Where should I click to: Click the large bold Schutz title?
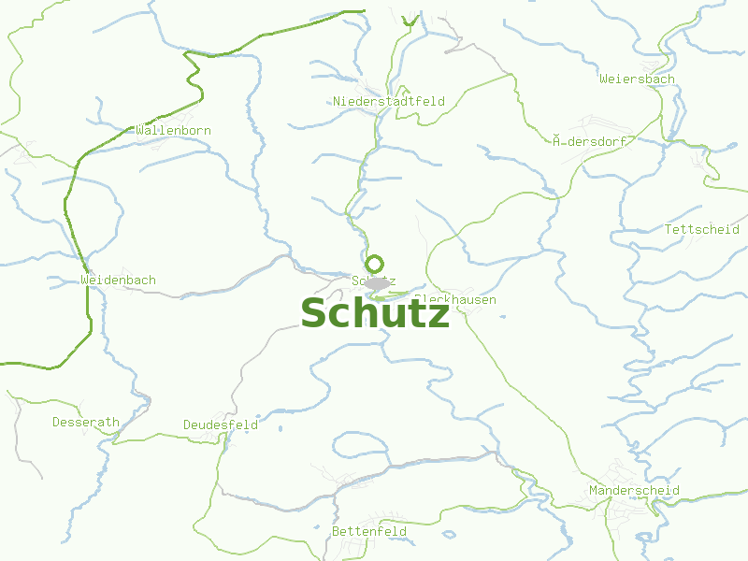(x=375, y=314)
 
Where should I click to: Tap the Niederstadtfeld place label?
(x=389, y=101)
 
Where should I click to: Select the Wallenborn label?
(x=173, y=131)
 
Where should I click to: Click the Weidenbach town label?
(x=119, y=280)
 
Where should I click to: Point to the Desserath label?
(x=86, y=423)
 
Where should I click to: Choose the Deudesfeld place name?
(x=221, y=425)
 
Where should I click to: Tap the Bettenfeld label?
(x=369, y=532)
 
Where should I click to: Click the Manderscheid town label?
(x=635, y=491)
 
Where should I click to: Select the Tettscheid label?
(x=701, y=229)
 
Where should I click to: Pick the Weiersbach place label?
(x=637, y=79)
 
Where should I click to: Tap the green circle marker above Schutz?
(x=375, y=264)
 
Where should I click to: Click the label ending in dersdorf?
(x=590, y=141)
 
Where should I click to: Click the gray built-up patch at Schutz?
(x=378, y=282)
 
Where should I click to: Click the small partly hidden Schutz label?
(x=373, y=280)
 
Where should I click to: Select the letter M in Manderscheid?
(x=594, y=491)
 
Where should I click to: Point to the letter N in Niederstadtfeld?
(x=338, y=101)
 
